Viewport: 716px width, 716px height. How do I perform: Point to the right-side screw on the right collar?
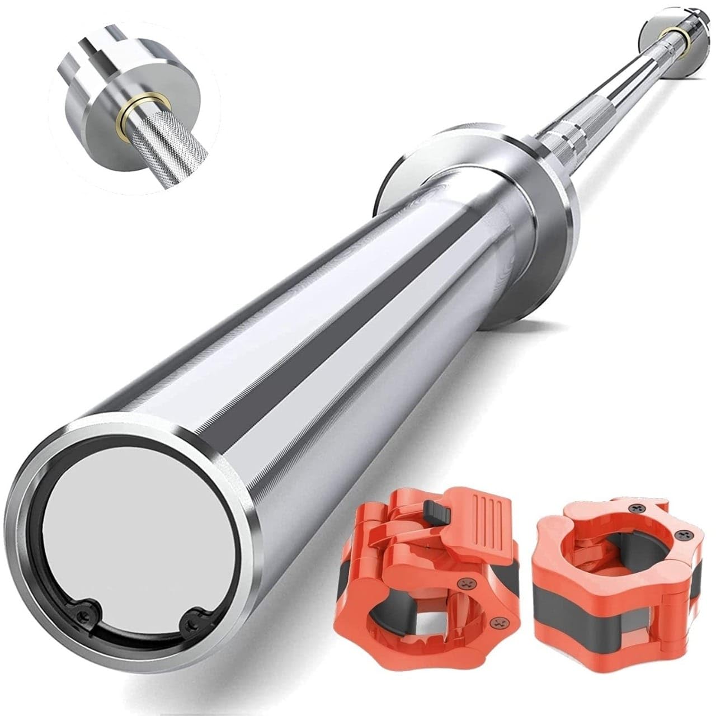[x=684, y=536]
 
